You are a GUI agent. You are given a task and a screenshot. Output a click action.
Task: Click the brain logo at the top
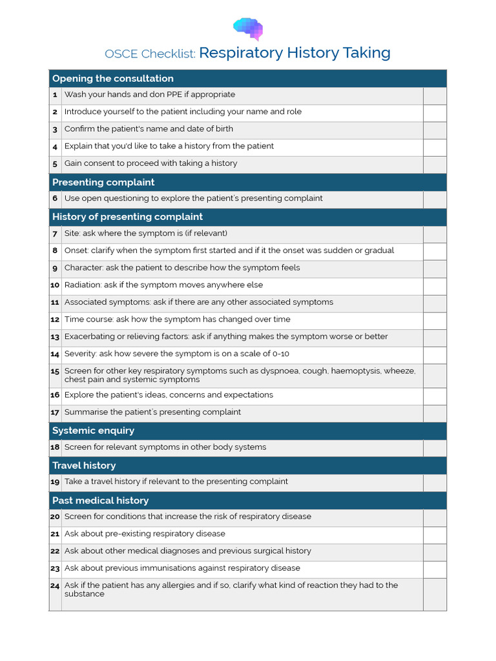tap(248, 29)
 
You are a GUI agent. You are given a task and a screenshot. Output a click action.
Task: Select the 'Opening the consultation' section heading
tap(113, 79)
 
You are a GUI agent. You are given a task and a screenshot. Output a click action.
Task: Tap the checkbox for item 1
tap(435, 96)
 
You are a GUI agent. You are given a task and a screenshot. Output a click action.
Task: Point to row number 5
tap(55, 164)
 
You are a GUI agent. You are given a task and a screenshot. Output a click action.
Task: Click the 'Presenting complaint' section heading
tap(103, 183)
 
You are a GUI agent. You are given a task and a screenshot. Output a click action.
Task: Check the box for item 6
tap(435, 199)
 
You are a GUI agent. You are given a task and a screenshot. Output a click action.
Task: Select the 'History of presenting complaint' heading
tap(127, 217)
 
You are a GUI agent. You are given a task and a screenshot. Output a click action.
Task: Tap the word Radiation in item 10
tap(83, 285)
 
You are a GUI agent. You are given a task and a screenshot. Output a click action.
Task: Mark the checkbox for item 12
tap(435, 320)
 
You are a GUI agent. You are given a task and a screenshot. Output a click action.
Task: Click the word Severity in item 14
tap(80, 354)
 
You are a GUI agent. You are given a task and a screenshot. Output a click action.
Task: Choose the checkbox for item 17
tap(435, 413)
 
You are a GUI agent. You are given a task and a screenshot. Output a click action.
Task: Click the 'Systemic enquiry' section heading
tap(93, 431)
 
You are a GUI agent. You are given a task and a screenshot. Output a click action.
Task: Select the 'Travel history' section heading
tap(84, 465)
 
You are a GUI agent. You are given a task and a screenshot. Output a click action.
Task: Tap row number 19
tap(55, 482)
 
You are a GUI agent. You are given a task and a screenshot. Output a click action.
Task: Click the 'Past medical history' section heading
tap(100, 500)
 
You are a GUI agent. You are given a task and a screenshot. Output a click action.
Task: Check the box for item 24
tap(435, 594)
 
